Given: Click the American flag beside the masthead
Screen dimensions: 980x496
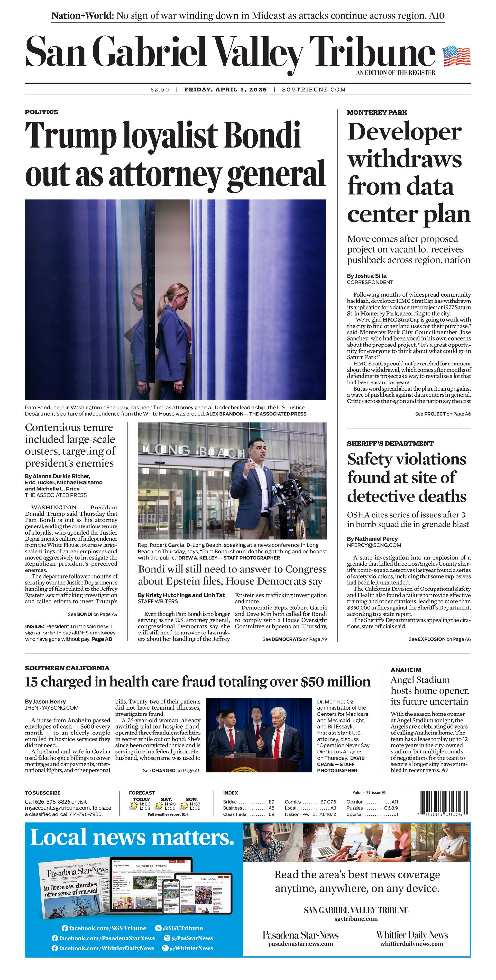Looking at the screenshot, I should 456,56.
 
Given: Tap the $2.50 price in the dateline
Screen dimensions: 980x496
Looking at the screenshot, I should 160,90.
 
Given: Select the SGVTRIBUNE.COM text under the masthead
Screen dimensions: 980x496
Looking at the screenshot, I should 314,90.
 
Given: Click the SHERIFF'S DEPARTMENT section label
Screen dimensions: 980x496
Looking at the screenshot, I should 390,444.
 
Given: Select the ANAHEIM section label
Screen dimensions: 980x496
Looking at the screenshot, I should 406,670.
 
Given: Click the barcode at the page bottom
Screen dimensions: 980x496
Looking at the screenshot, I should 444,802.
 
